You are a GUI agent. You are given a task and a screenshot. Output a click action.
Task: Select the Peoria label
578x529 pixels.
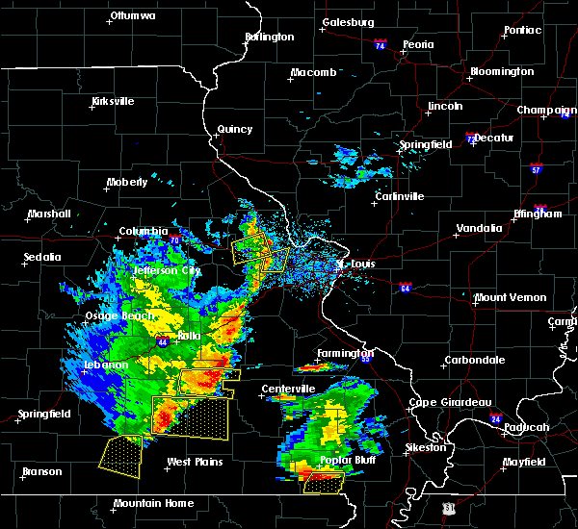[418, 45]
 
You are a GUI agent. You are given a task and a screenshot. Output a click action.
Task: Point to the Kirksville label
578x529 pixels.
[113, 102]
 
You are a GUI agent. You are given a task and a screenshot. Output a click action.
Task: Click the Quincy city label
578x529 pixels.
[235, 129]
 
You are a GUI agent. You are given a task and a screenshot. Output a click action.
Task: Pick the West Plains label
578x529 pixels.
[195, 463]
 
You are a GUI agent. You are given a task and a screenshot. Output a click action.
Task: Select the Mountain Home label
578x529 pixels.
[153, 504]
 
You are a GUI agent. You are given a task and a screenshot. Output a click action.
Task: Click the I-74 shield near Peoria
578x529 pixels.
[381, 45]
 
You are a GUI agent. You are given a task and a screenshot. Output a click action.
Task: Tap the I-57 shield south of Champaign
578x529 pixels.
[536, 170]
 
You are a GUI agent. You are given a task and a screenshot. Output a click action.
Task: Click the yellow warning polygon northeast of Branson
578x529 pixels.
[121, 455]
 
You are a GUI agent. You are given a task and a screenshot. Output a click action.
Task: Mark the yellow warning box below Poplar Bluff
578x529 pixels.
[324, 483]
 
